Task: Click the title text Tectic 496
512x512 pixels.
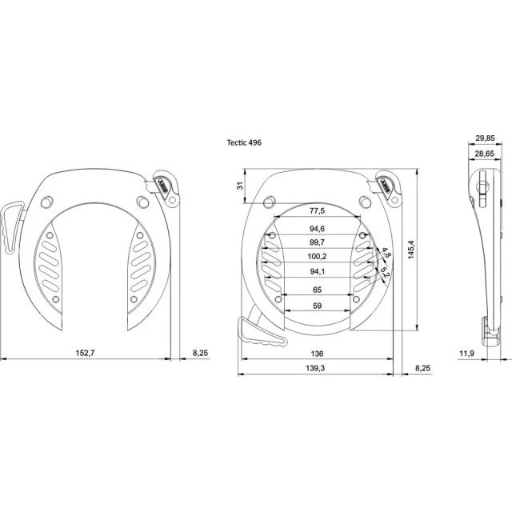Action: click(244, 142)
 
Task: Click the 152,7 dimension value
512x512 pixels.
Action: click(85, 353)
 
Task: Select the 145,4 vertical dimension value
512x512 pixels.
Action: click(411, 250)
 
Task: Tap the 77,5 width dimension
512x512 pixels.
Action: click(317, 211)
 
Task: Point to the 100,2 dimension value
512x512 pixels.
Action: click(317, 257)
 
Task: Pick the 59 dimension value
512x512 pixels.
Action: click(317, 306)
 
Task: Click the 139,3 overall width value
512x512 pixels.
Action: click(315, 368)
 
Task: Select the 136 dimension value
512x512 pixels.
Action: click(317, 354)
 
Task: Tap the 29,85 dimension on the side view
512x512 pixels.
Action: click(485, 138)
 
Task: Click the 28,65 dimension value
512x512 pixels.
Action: click(485, 154)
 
